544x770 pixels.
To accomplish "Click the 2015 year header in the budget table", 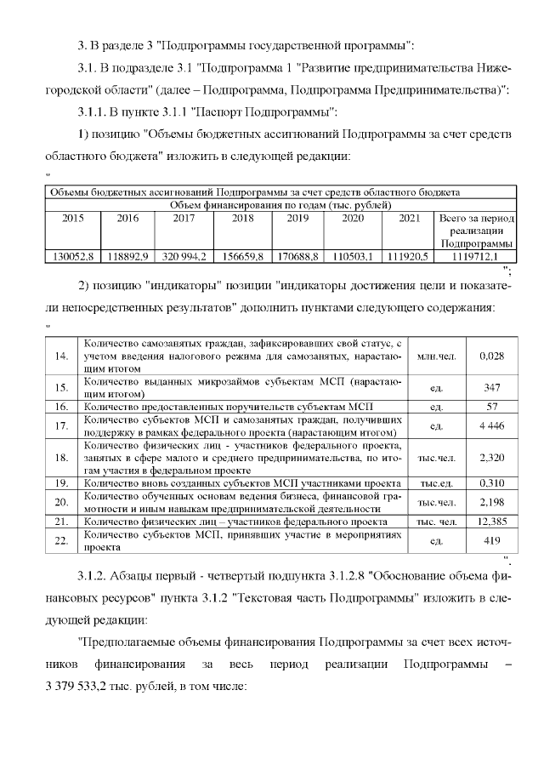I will (73, 218).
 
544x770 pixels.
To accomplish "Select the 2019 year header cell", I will (297, 218).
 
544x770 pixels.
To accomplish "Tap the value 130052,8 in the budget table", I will (71, 255).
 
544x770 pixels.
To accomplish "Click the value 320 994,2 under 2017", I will (184, 255).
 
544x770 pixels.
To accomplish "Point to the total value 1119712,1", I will (474, 255).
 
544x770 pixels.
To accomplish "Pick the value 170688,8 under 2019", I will (297, 255).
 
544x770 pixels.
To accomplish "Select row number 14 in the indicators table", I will (60, 356).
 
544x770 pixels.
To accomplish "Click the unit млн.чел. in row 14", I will (437, 356).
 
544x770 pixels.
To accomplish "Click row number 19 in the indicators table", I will (60, 482).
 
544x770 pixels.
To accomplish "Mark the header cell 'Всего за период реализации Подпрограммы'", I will (474, 231).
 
